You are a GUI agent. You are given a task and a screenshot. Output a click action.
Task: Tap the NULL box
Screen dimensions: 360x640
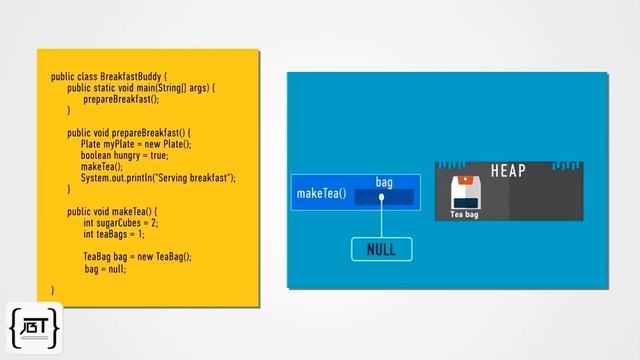(x=381, y=249)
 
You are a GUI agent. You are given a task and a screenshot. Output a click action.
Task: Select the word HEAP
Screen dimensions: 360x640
(x=508, y=171)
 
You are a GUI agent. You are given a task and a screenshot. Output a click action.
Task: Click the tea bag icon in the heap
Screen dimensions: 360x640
(x=463, y=193)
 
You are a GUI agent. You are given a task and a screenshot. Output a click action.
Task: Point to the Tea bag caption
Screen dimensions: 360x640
(x=464, y=214)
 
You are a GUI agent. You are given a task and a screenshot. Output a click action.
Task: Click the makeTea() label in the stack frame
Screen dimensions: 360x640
(x=321, y=193)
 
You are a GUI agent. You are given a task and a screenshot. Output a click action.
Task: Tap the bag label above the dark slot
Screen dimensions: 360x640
(x=384, y=182)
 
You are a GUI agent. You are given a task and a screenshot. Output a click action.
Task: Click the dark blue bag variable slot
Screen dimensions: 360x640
(x=384, y=197)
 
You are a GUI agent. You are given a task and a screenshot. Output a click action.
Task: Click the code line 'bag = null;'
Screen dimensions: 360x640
(x=104, y=269)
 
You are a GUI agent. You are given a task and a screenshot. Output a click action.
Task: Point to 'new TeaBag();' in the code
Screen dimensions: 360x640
(x=164, y=257)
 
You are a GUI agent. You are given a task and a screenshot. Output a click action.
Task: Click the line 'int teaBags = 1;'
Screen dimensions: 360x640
(x=114, y=235)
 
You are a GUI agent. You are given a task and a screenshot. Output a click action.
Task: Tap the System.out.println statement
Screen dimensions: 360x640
(x=158, y=178)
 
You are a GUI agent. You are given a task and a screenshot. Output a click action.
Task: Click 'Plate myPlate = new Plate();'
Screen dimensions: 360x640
(x=136, y=144)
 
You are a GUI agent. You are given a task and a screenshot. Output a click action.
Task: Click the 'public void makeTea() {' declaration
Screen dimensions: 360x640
(x=113, y=212)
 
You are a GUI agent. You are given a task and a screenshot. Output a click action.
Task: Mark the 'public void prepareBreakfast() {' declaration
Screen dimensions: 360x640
(x=129, y=133)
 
